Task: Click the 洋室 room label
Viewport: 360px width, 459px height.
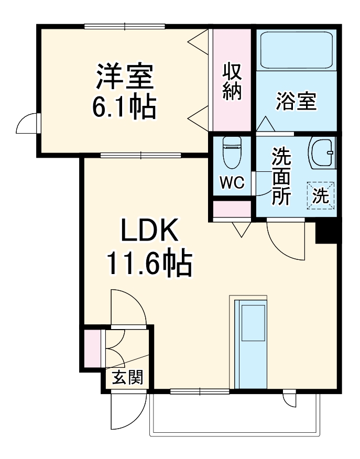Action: pos(124,77)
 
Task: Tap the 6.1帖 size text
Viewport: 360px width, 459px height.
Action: pos(124,106)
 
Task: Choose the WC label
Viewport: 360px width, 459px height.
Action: pos(232,182)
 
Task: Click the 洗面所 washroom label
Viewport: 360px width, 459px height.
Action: pos(281,176)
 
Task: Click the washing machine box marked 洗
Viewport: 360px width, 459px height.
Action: pos(320,195)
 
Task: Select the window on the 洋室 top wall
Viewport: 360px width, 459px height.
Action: pos(125,26)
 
